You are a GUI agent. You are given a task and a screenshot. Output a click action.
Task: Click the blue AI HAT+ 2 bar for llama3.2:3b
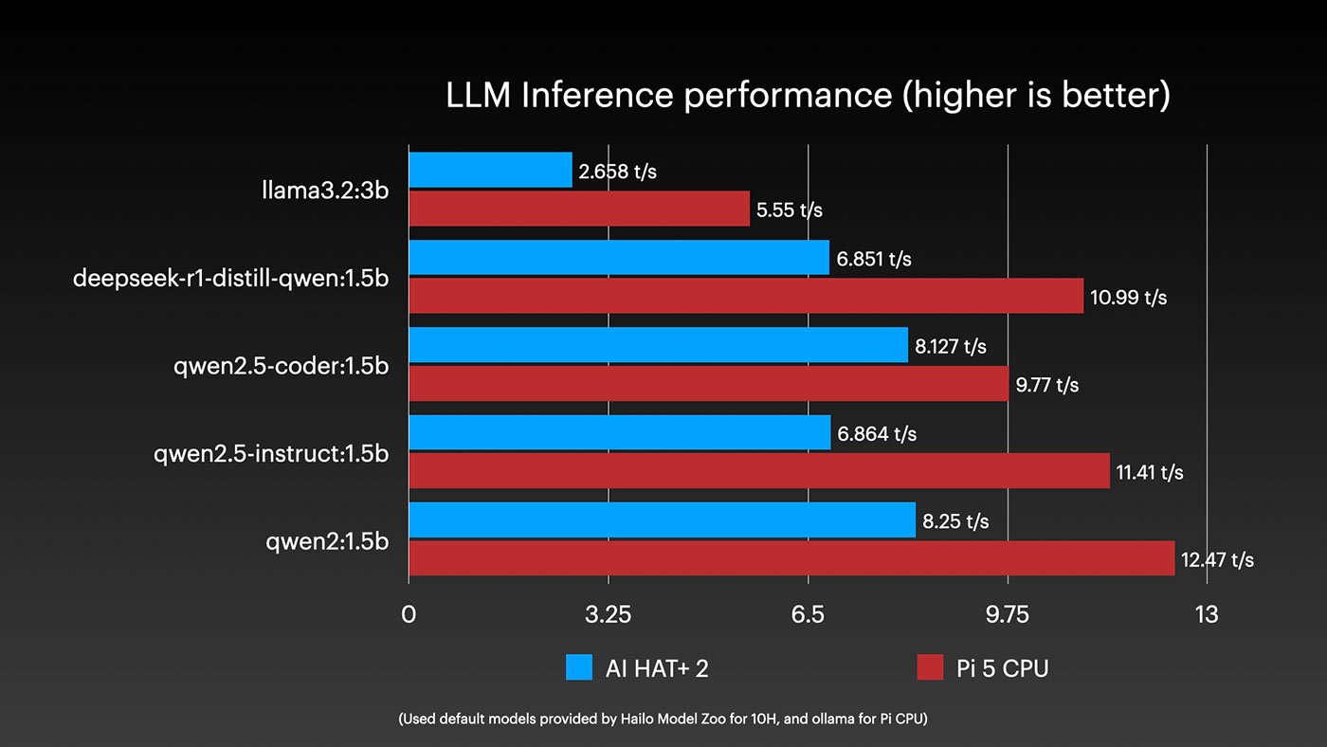pyautogui.click(x=490, y=170)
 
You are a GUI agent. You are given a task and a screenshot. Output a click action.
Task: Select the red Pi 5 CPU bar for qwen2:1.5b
pyautogui.click(x=791, y=558)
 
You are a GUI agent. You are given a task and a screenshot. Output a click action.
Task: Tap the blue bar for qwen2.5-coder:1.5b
pyautogui.click(x=658, y=345)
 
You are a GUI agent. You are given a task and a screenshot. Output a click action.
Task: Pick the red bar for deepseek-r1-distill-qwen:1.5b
pyautogui.click(x=746, y=296)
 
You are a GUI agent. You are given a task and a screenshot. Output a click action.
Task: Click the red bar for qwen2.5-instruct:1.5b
pyautogui.click(x=758, y=471)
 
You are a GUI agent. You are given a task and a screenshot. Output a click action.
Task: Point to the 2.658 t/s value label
pyautogui.click(x=617, y=172)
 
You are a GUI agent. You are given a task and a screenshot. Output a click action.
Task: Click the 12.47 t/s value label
pyautogui.click(x=1217, y=559)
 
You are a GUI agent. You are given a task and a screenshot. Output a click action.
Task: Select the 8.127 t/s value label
pyautogui.click(x=950, y=346)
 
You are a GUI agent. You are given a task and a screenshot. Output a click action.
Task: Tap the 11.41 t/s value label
pyautogui.click(x=1150, y=472)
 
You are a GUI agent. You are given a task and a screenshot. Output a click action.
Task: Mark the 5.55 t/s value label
pyautogui.click(x=789, y=210)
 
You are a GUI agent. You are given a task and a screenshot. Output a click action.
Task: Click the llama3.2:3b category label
pyautogui.click(x=325, y=191)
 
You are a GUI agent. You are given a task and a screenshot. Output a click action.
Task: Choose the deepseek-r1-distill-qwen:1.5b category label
pyautogui.click(x=230, y=279)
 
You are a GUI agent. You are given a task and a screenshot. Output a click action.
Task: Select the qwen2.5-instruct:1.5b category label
pyautogui.click(x=271, y=454)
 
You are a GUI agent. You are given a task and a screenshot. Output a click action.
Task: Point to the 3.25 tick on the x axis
pyautogui.click(x=608, y=614)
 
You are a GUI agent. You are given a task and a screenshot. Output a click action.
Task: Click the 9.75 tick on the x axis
pyautogui.click(x=1007, y=614)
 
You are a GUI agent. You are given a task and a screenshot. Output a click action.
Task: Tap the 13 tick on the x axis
pyautogui.click(x=1206, y=614)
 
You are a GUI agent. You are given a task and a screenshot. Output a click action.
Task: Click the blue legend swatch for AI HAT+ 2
pyautogui.click(x=579, y=667)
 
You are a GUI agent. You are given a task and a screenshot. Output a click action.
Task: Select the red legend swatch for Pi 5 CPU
pyautogui.click(x=931, y=667)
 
